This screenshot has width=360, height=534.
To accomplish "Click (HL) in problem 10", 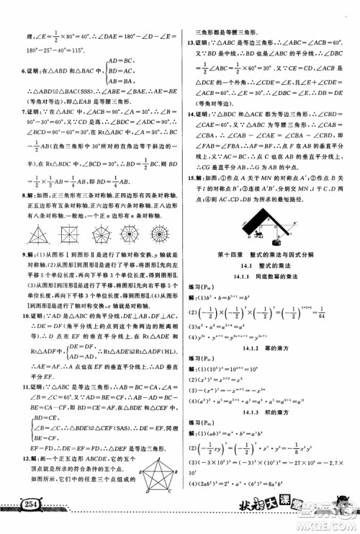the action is coord(158,370).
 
